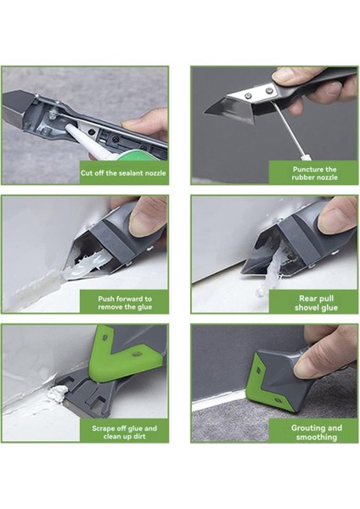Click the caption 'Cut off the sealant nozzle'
pos(123,173)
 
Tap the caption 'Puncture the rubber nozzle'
pos(314,173)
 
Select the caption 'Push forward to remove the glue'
pos(125,303)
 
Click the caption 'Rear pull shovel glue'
pos(316,303)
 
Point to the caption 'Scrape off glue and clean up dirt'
pos(125,432)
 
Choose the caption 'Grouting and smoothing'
pos(317,433)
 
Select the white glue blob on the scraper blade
pos(58,394)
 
